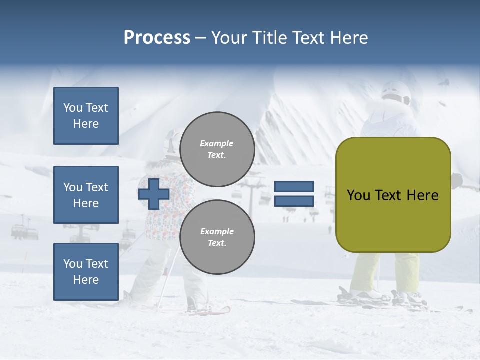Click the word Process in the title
pyautogui.click(x=157, y=38)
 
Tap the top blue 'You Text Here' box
pyautogui.click(x=86, y=116)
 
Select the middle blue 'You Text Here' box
pyautogui.click(x=86, y=195)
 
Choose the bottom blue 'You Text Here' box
pyautogui.click(x=86, y=272)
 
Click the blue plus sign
pyautogui.click(x=154, y=194)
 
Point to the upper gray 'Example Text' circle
pyautogui.click(x=217, y=149)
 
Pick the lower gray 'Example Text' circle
pyautogui.click(x=217, y=237)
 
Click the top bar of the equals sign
pyautogui.click(x=294, y=187)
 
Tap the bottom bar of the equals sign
pyautogui.click(x=294, y=201)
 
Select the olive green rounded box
pyautogui.click(x=393, y=195)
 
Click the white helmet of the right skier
pyautogui.click(x=395, y=93)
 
